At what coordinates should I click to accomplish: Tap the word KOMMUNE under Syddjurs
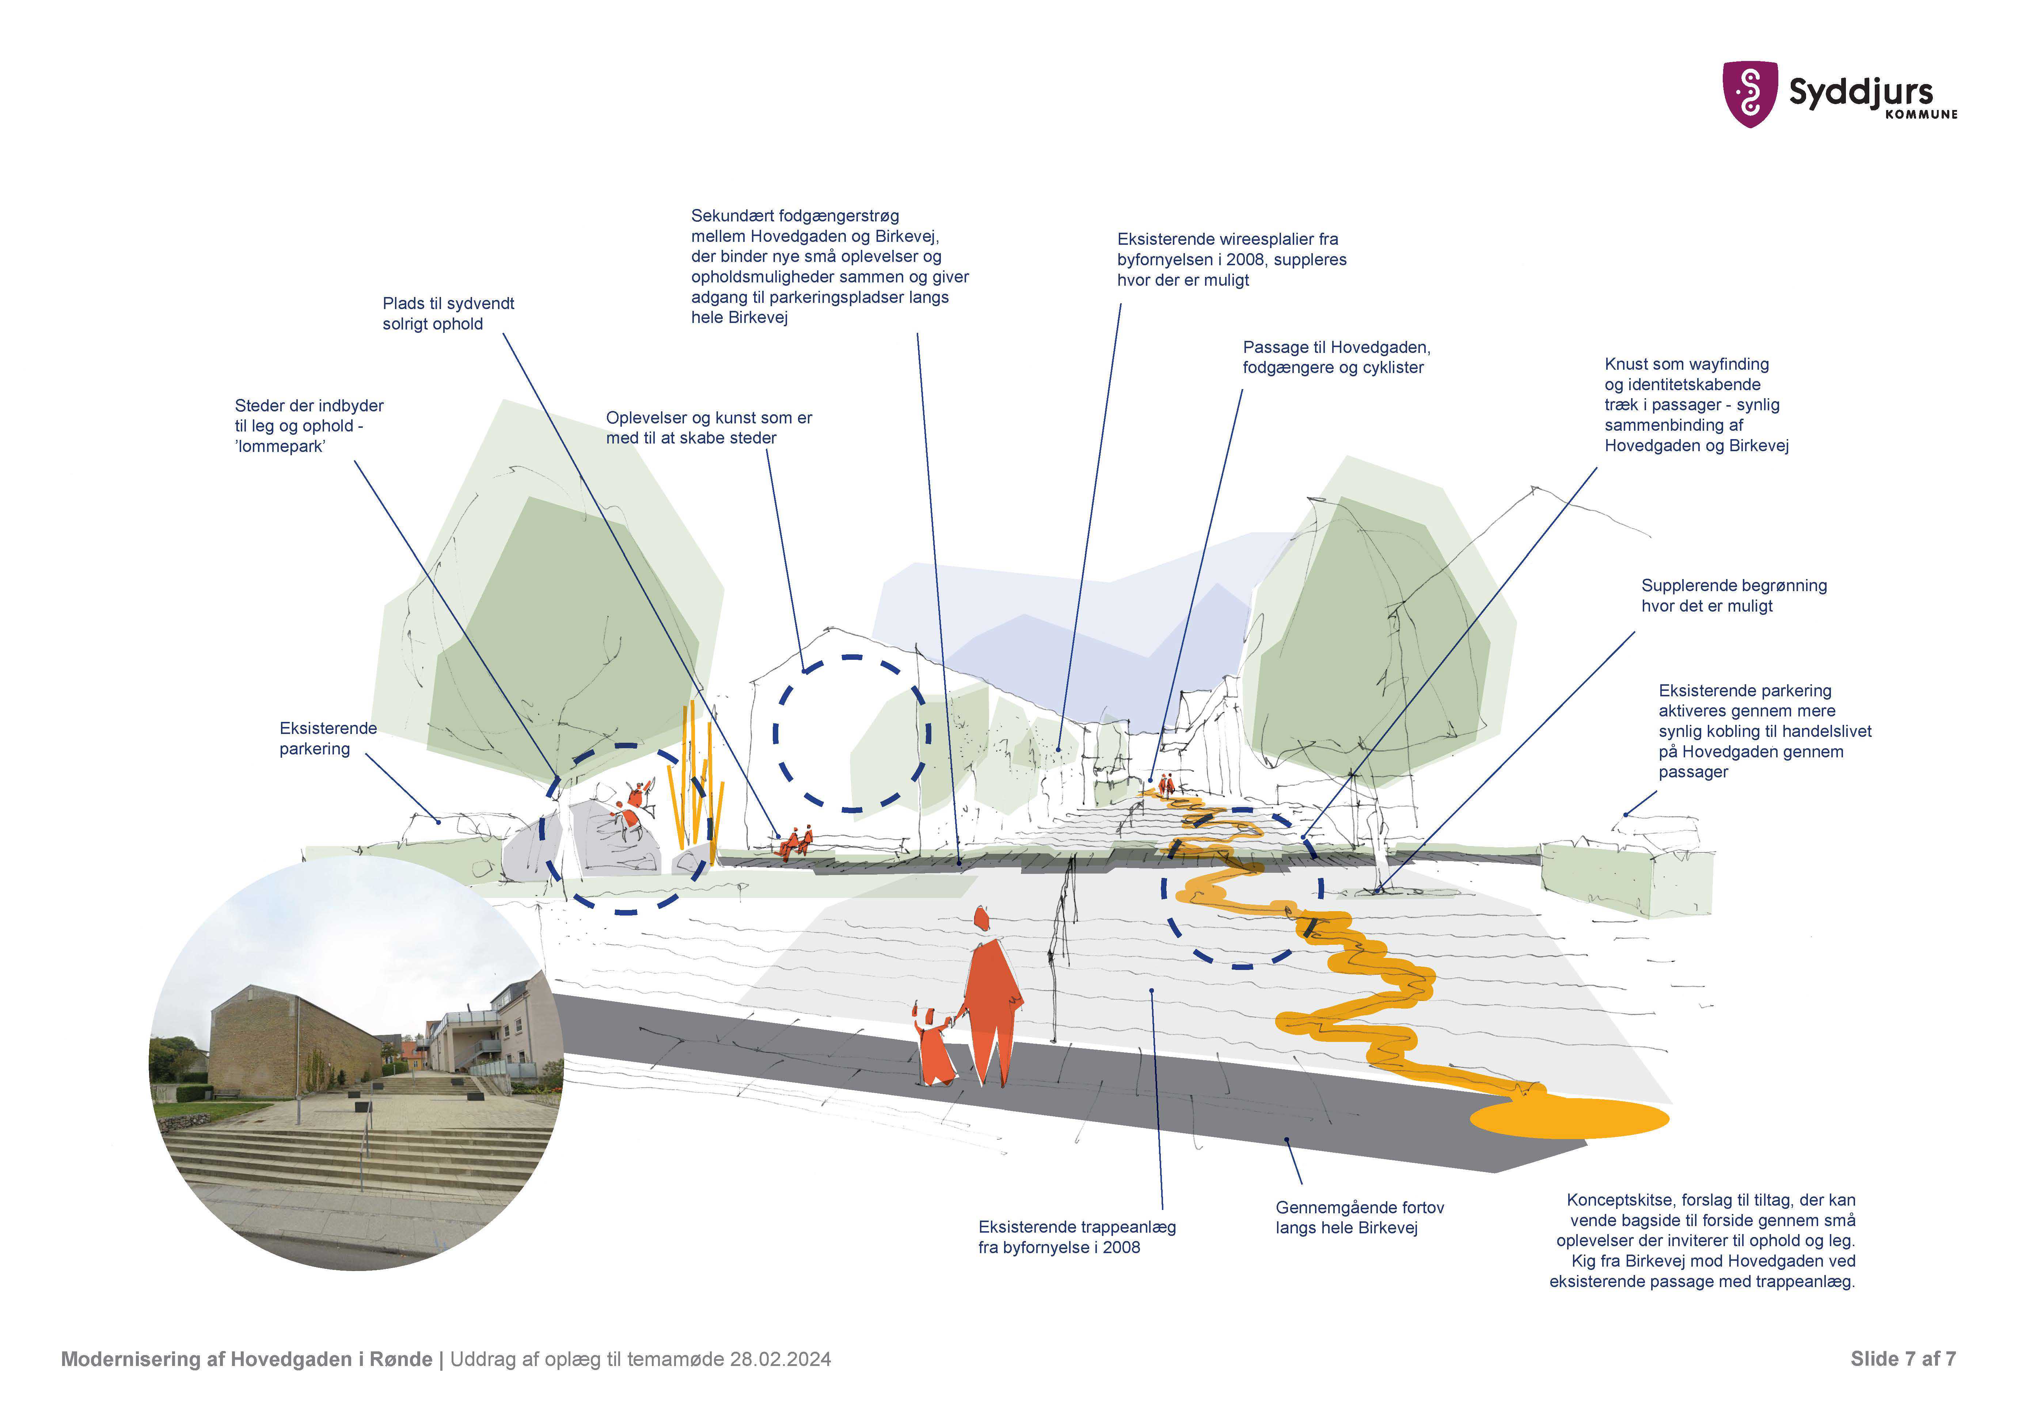[x=1921, y=114]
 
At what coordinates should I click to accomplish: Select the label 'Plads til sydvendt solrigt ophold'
[x=448, y=314]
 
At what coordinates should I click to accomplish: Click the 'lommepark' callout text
[x=280, y=446]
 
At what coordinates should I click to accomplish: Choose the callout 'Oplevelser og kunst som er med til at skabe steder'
[x=708, y=428]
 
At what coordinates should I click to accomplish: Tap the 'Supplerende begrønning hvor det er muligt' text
[x=1733, y=596]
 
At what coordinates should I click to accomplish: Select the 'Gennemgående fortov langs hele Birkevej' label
[x=1359, y=1218]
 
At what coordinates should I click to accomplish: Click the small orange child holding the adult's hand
[x=934, y=1046]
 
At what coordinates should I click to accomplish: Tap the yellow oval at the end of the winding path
[x=1569, y=1119]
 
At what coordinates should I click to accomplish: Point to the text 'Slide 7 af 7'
[x=1902, y=1359]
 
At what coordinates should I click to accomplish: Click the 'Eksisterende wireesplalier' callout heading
[x=1227, y=239]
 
